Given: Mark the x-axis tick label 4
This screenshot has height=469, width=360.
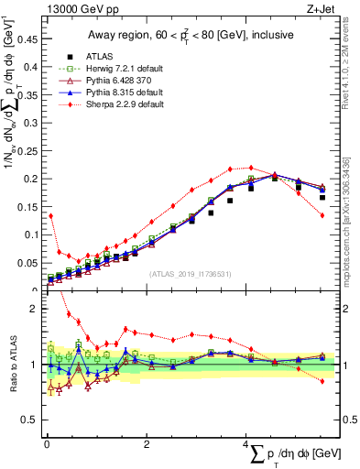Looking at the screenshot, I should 245,444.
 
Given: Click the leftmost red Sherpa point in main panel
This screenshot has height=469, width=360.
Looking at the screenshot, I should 50,216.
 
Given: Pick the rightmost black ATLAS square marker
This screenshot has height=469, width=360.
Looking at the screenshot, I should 322,197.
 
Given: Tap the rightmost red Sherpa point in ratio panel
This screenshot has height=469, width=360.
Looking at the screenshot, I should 322,381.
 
